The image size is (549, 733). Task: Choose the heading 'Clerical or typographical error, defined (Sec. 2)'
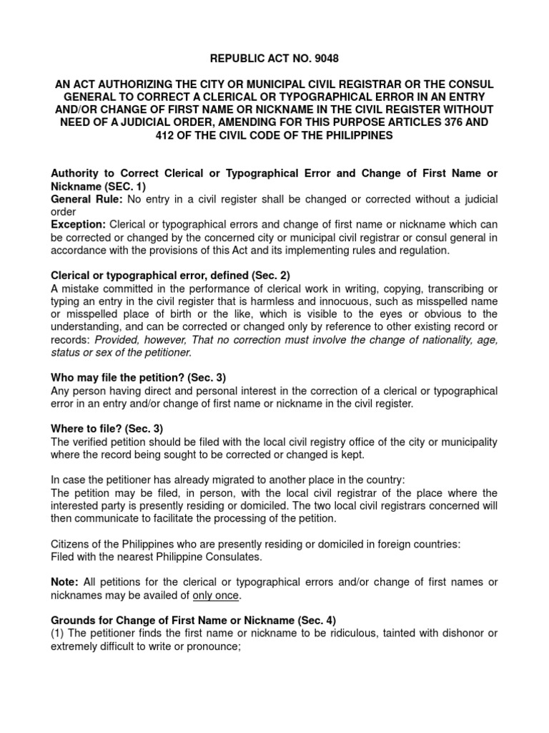coord(171,275)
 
